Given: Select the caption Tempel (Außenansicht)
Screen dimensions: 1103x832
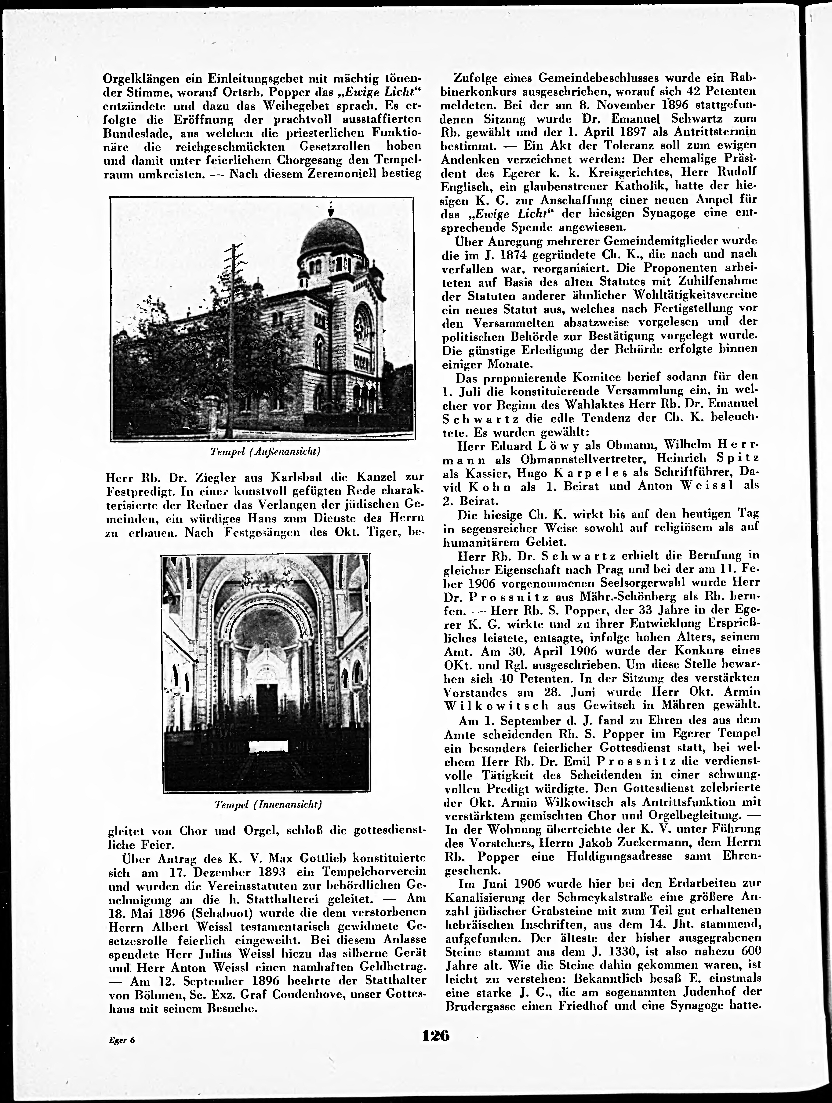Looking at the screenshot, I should coord(265,452).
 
